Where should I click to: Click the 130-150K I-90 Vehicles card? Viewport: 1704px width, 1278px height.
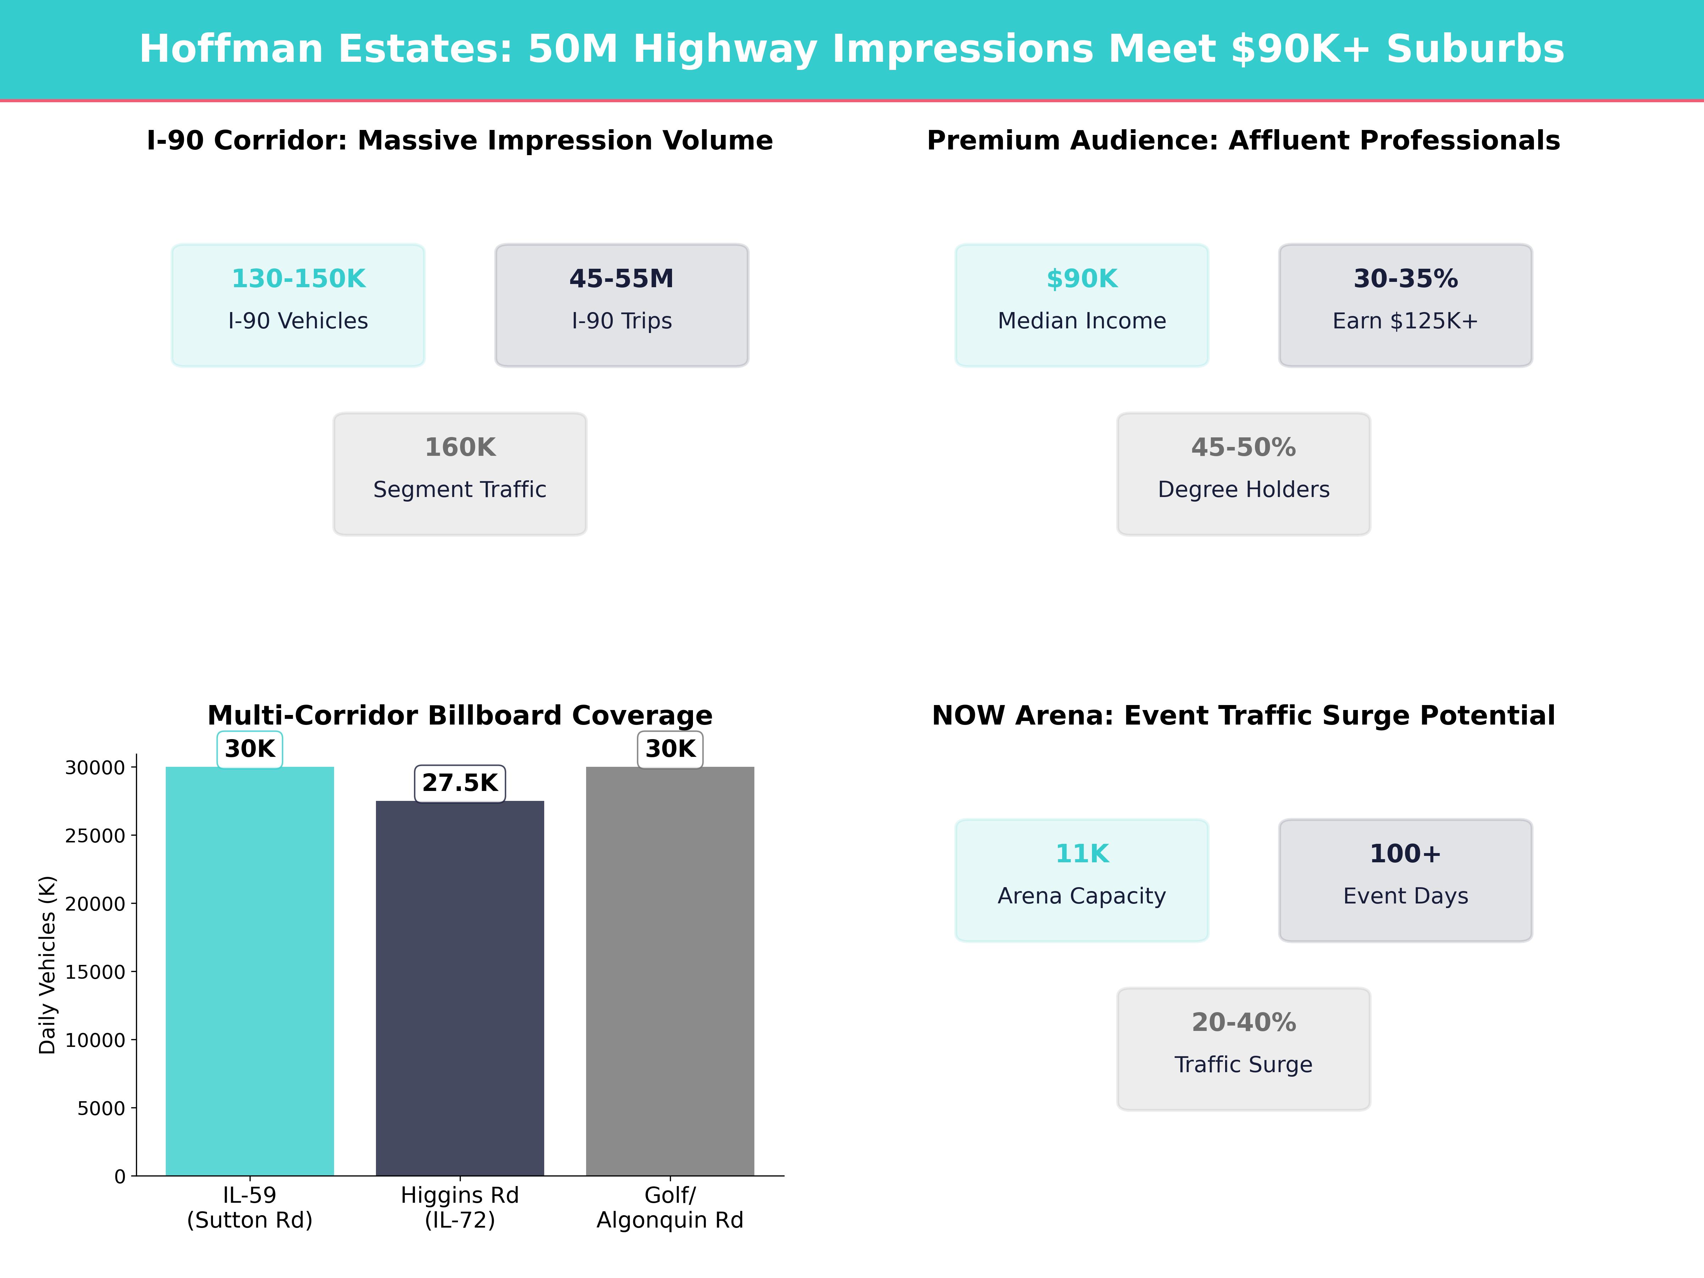pyautogui.click(x=298, y=305)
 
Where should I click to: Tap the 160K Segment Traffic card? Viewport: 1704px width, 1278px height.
pyautogui.click(x=460, y=474)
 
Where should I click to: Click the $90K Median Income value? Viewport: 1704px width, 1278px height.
pyautogui.click(x=1082, y=279)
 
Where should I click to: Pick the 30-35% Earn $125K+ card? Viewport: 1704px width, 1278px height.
pyautogui.click(x=1405, y=305)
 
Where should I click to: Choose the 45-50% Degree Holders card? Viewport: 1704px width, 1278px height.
pyautogui.click(x=1243, y=474)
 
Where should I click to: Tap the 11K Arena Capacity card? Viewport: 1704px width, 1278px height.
pyautogui.click(x=1082, y=880)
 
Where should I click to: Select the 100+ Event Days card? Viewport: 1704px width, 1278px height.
pyautogui.click(x=1405, y=880)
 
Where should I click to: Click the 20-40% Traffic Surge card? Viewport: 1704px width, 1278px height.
pyautogui.click(x=1243, y=1048)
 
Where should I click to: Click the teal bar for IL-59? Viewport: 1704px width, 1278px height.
pyautogui.click(x=250, y=971)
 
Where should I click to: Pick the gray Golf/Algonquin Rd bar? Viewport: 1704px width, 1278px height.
pyautogui.click(x=670, y=971)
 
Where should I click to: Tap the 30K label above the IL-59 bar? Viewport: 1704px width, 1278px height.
pyautogui.click(x=250, y=749)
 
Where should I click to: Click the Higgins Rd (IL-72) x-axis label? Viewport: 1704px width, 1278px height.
pyautogui.click(x=460, y=1207)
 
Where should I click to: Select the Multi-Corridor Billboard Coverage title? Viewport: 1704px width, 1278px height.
pyautogui.click(x=460, y=716)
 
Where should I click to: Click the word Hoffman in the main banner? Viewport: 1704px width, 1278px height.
pyautogui.click(x=230, y=49)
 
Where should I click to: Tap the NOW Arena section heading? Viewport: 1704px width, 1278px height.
pyautogui.click(x=1243, y=716)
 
